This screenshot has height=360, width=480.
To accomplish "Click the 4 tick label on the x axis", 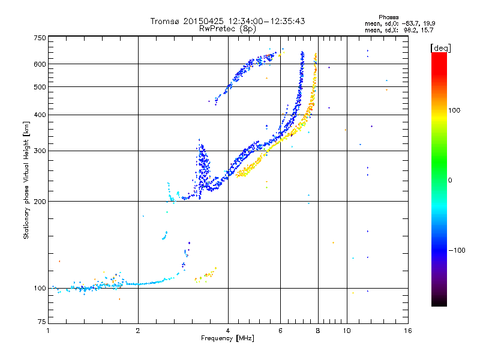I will coord(228,331).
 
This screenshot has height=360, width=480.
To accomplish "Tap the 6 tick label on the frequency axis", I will coord(281,331).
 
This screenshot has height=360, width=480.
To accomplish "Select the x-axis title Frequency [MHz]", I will coord(228,338).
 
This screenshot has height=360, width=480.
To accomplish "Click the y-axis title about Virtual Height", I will coord(26,180).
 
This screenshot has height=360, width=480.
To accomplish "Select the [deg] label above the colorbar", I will coord(441,47).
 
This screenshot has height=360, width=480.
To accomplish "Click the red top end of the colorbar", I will coord(439,55).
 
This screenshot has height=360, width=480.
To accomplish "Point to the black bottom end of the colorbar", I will coord(439,304).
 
